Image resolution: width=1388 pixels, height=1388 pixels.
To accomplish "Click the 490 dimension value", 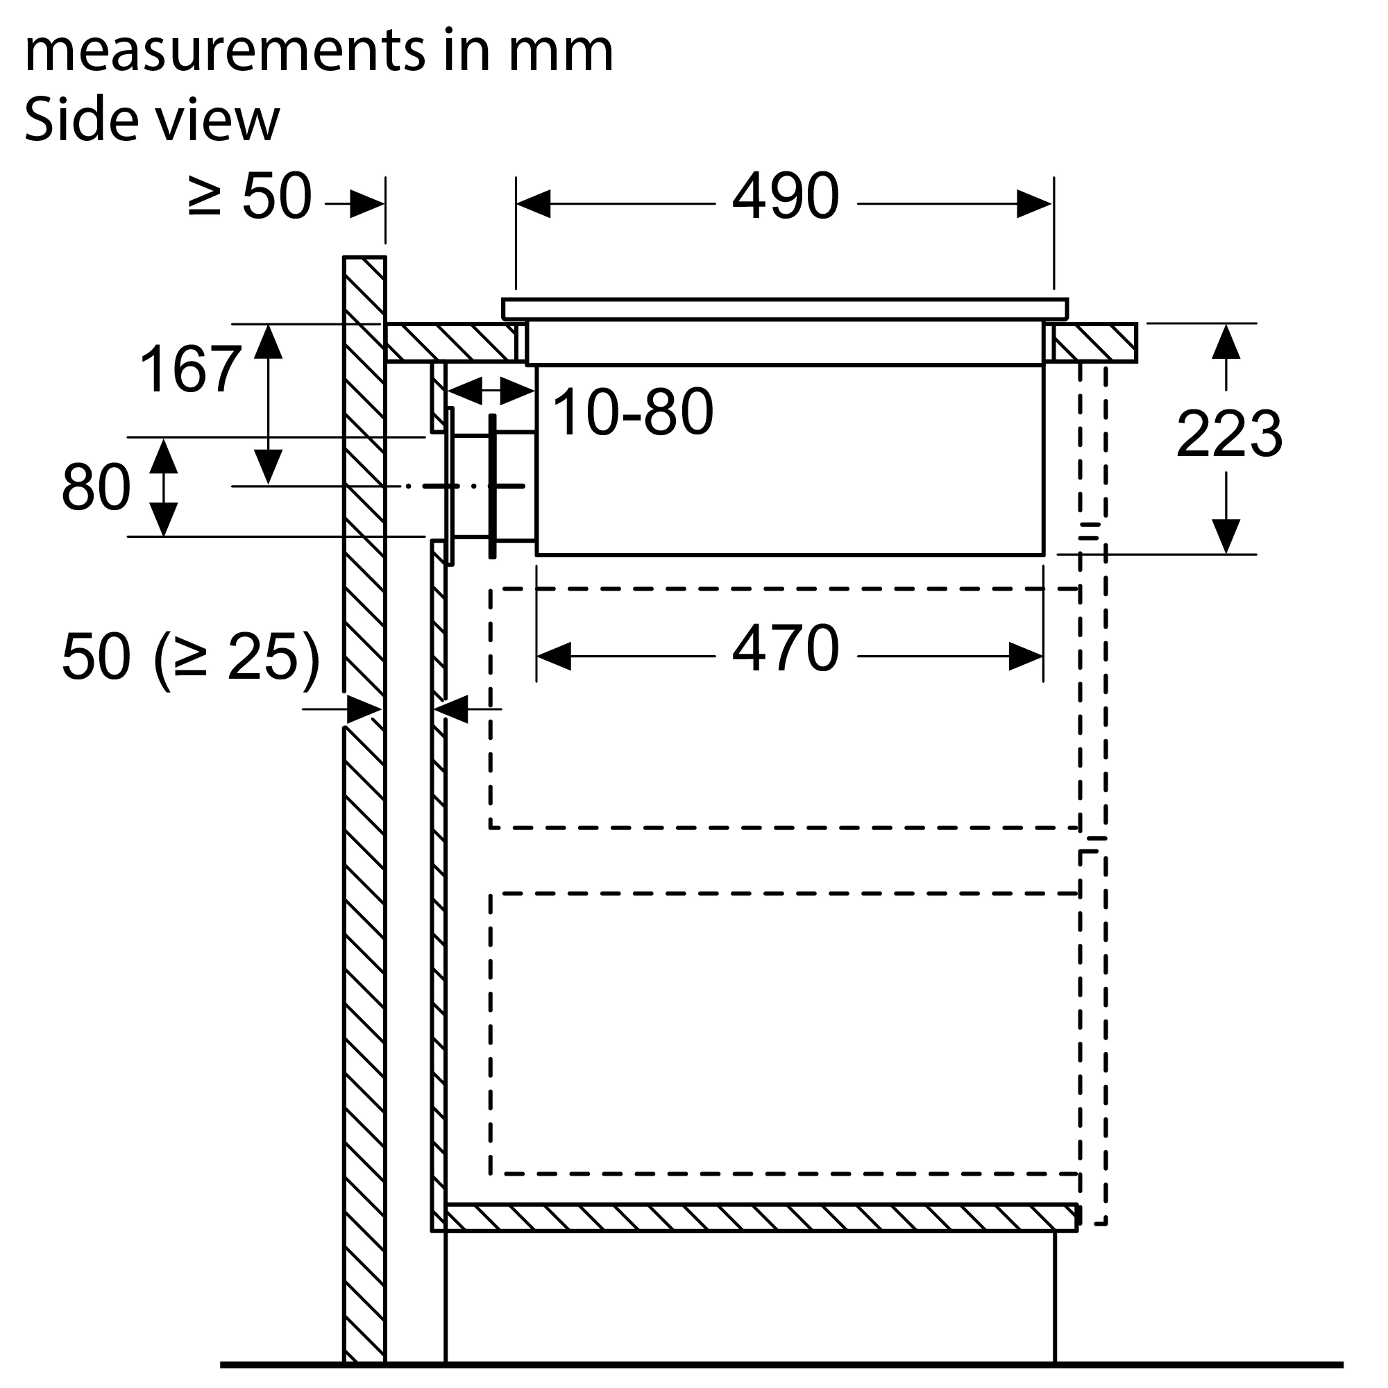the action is tap(785, 196).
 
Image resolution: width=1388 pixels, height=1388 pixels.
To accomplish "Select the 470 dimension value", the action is tap(785, 649).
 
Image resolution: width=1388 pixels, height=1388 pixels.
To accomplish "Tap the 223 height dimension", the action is tap(1229, 433).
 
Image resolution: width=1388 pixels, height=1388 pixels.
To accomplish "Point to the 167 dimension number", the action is tap(189, 369).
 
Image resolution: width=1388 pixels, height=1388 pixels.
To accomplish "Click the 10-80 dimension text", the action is tap(633, 412).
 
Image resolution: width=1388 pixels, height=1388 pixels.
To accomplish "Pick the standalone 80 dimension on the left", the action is tap(96, 487).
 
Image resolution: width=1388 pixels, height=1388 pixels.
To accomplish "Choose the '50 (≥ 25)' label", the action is tap(191, 657).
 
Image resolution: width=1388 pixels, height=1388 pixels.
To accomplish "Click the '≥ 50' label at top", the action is tap(249, 196).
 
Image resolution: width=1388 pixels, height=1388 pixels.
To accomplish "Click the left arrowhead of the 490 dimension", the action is tap(533, 204).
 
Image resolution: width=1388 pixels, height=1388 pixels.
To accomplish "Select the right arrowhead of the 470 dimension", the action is tap(1026, 657).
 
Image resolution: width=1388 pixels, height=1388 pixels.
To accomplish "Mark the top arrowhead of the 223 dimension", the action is tap(1226, 341).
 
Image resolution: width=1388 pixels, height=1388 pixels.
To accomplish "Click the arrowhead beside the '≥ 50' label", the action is tap(367, 204).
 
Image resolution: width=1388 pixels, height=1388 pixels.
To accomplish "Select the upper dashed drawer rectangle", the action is tap(784, 709).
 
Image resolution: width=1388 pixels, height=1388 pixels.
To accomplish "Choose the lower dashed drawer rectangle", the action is tap(784, 1034).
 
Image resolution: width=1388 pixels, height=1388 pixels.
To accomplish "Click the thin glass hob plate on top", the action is tap(785, 309).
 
